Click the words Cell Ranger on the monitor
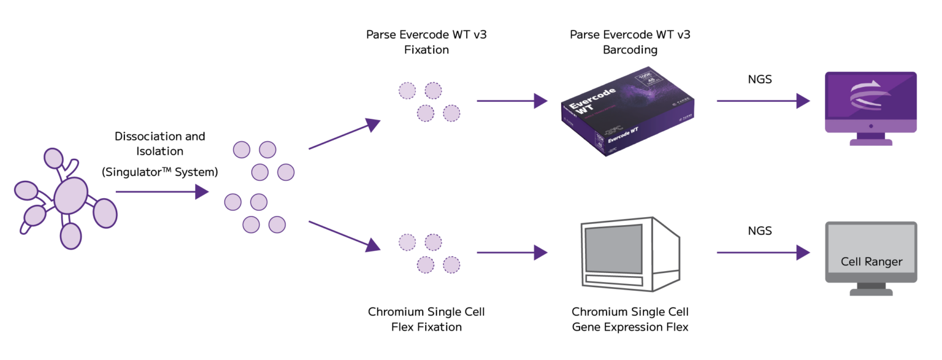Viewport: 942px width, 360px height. [x=871, y=262]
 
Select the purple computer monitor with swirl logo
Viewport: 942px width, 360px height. [x=871, y=102]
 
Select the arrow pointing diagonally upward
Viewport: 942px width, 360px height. [x=344, y=134]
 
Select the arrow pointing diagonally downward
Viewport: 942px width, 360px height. [x=344, y=236]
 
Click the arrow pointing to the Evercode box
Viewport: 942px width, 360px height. [x=511, y=101]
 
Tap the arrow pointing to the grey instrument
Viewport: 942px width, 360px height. [x=511, y=252]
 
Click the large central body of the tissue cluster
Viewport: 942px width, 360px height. [x=72, y=195]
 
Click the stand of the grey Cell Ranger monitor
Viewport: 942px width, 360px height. [x=871, y=289]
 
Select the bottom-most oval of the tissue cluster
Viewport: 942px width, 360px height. [x=71, y=236]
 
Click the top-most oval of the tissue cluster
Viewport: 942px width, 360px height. [x=54, y=158]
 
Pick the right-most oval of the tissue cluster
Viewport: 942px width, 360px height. [x=105, y=212]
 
